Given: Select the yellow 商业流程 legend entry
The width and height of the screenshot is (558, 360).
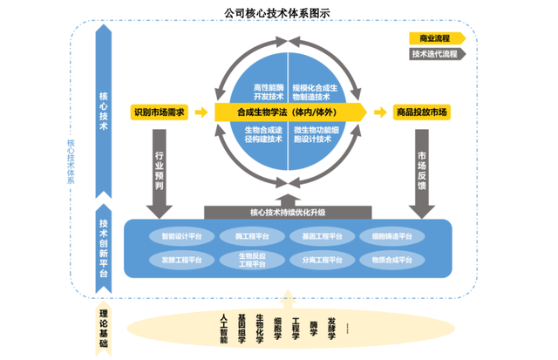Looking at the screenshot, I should (434, 38).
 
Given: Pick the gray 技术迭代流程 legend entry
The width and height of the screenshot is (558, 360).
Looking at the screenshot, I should (436, 54).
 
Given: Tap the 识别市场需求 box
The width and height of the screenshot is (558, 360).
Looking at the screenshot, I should (158, 112).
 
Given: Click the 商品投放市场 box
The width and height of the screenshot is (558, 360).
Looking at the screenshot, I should (421, 112).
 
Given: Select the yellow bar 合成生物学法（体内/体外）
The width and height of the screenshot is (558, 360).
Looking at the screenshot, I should (288, 112).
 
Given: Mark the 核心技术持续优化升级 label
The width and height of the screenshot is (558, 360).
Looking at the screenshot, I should (287, 212).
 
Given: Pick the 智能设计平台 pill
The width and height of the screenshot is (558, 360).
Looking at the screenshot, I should (181, 236).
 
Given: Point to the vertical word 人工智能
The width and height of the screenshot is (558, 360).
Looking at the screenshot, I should (224, 327).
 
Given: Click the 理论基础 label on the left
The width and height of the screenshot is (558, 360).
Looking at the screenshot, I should (104, 329).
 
